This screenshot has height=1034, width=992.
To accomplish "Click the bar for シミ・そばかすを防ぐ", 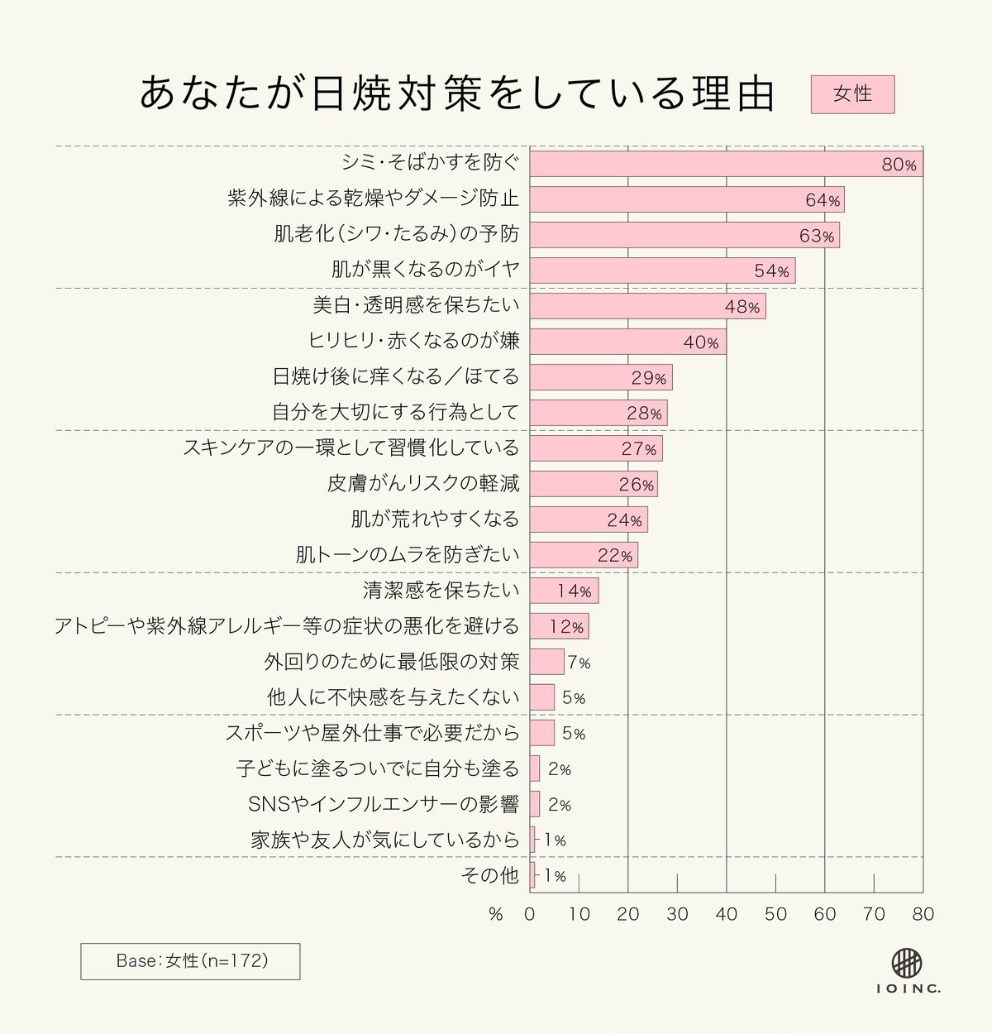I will click(726, 164).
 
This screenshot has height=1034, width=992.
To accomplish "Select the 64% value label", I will click(823, 200).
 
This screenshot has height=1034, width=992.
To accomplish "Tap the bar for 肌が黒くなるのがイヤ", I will click(662, 270).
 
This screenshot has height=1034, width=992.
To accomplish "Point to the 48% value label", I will click(742, 307).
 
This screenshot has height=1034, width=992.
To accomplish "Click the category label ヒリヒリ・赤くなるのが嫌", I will click(413, 341).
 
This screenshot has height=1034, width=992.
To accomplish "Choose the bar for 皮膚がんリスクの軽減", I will click(594, 484).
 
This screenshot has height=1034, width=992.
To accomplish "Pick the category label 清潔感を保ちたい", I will click(441, 591).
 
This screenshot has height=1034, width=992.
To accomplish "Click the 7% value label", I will click(579, 663).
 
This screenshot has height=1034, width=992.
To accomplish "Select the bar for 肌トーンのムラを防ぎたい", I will click(584, 555).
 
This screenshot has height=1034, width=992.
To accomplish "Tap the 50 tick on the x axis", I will click(775, 914).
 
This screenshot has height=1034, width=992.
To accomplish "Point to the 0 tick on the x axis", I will click(530, 914).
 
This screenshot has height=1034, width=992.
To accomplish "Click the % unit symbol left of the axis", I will click(495, 914).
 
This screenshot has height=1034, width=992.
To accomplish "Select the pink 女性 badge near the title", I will click(852, 93).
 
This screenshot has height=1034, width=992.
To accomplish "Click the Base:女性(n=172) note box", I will click(190, 961).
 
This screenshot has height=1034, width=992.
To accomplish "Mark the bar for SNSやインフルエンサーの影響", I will click(535, 804).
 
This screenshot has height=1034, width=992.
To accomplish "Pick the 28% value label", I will click(644, 413).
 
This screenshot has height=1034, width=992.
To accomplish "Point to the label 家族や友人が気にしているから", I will click(384, 840).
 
